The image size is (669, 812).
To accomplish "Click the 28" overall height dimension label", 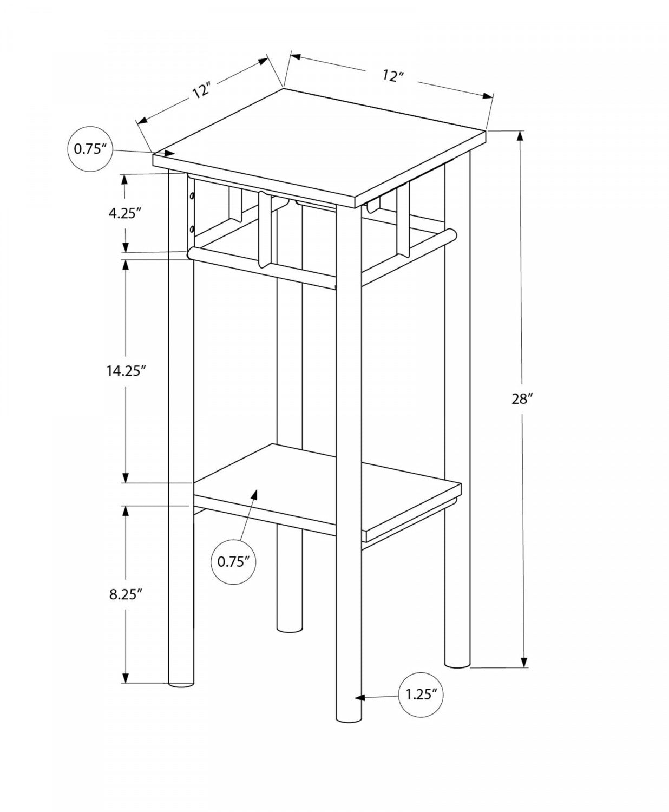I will [522, 399].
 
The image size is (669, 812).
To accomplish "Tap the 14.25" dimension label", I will [127, 371].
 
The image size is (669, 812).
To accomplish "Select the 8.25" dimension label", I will [125, 594].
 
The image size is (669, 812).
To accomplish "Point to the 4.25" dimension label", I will [125, 213].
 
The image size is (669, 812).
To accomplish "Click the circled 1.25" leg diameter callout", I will [420, 694].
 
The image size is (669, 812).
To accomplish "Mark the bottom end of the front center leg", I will [349, 718].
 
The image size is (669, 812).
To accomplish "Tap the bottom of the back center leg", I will [289, 630].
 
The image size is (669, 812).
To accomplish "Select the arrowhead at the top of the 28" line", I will [521, 137].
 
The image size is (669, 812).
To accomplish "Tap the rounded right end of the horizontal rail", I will [451, 235].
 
